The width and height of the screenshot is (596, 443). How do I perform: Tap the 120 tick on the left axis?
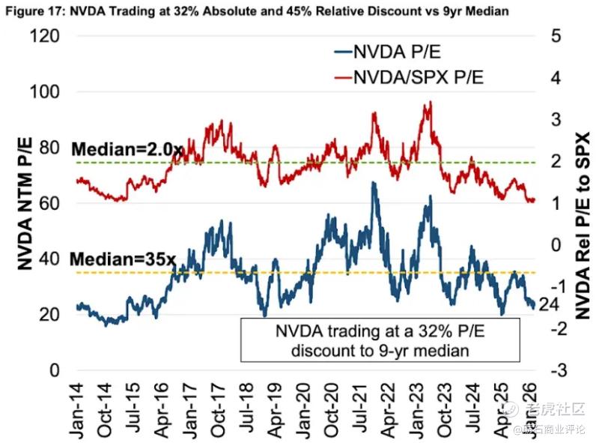[46, 36]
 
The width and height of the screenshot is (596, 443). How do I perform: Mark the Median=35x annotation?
[123, 259]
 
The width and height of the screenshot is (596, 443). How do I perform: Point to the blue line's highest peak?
[372, 182]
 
